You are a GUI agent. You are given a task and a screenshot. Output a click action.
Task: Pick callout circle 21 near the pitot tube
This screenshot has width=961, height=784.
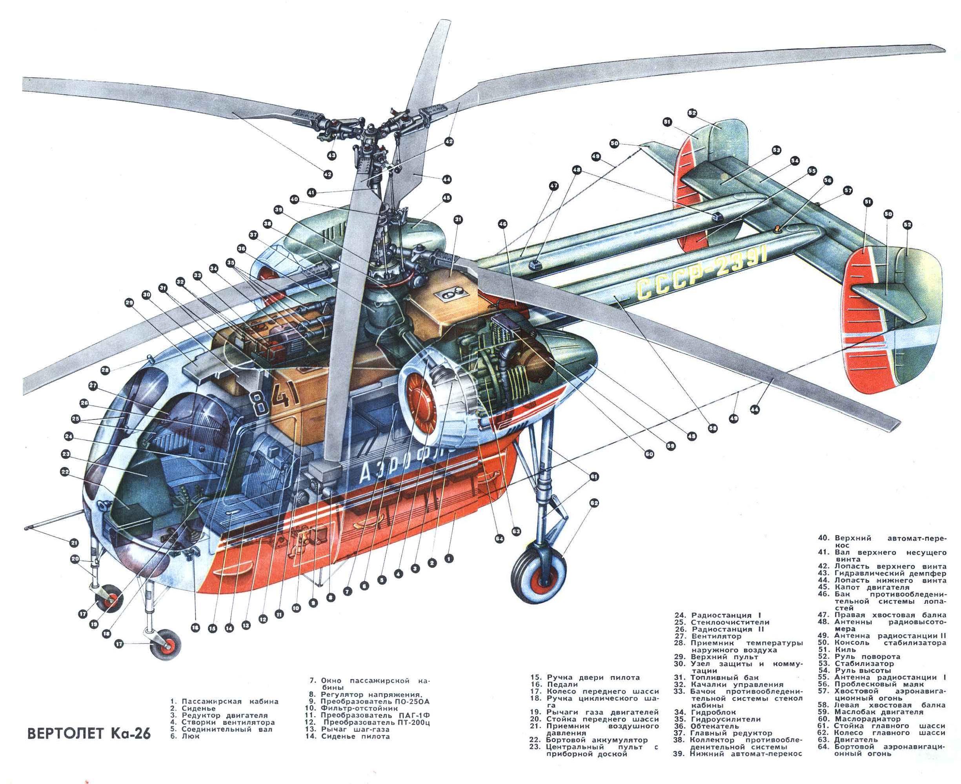[x=75, y=543]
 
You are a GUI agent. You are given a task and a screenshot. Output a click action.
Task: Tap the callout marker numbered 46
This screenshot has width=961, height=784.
[x=503, y=223]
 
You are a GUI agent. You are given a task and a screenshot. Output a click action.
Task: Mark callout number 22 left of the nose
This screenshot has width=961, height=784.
[x=65, y=472]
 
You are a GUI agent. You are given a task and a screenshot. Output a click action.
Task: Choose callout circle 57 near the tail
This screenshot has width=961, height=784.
[x=848, y=191]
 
